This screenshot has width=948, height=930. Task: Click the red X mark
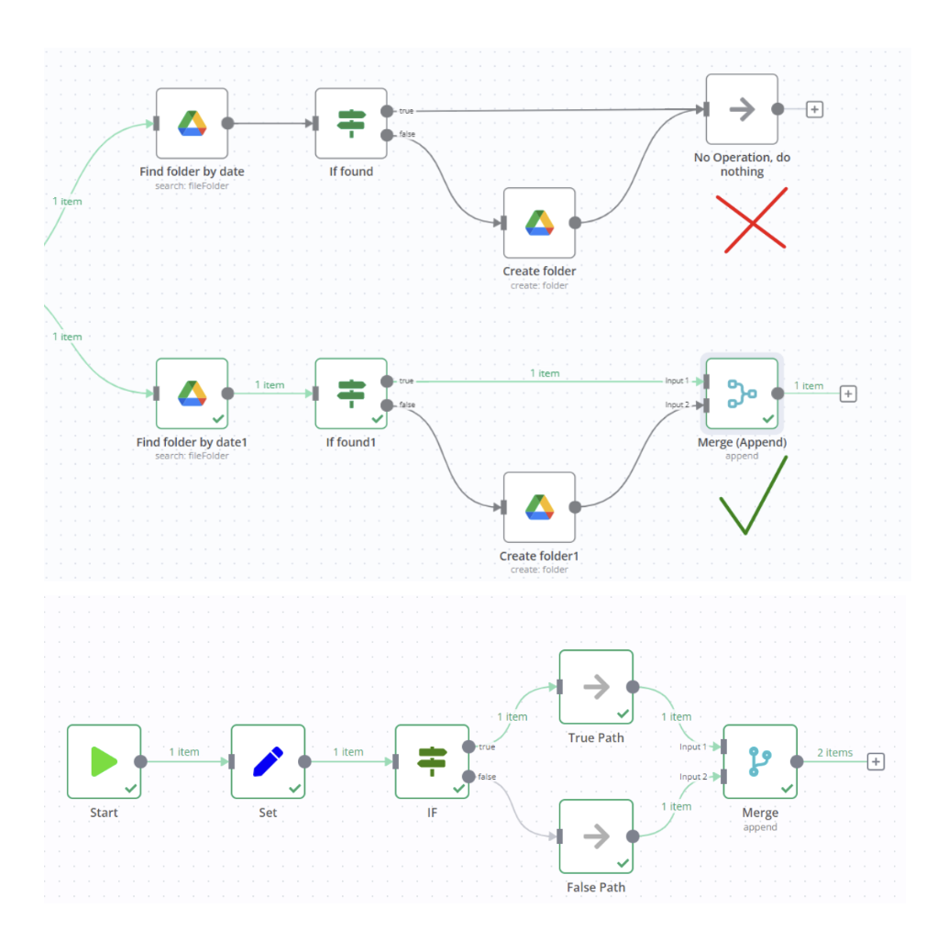pos(752,218)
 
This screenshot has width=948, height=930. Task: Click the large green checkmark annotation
pos(754,495)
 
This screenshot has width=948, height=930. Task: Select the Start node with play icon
pos(104,761)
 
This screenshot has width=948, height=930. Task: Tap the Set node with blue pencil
pos(268,761)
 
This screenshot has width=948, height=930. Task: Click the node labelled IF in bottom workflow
pos(432,761)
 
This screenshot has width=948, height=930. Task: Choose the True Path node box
pos(596,686)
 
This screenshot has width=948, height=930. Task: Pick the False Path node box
pos(596,836)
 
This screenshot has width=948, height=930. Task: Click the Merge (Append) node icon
pos(741,393)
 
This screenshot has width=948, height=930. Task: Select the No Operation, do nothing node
pos(742,109)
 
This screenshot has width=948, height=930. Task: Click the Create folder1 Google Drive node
pos(539,507)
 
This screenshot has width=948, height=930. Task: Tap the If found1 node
pos(351,393)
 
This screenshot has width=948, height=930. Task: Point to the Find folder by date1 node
pos(192,393)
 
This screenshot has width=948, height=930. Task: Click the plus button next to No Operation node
pos(814,109)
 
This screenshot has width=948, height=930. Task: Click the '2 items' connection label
pos(833,753)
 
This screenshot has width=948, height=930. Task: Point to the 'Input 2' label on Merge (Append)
pos(677,404)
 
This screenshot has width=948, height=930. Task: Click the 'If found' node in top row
pos(351,123)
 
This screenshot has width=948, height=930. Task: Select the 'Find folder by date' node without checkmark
pos(192,123)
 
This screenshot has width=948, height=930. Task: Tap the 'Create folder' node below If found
pos(539,223)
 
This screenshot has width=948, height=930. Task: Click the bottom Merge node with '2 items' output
pos(760,761)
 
